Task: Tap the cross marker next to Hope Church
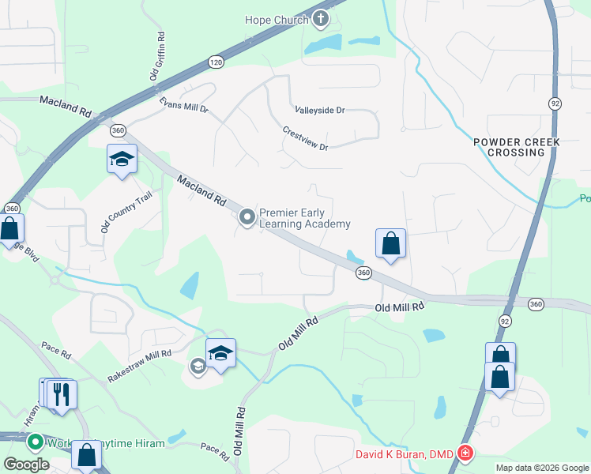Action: point(321,17)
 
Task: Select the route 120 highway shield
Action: point(216,61)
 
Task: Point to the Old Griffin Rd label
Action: point(156,56)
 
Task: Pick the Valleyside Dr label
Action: point(320,111)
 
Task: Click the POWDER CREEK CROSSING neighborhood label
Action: point(517,147)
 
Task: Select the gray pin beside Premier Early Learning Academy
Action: point(247,216)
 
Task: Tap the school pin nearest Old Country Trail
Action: point(122,159)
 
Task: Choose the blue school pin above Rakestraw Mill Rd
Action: point(221,353)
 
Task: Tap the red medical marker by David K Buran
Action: point(466,453)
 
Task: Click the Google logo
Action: point(26,465)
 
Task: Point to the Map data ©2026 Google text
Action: point(541,468)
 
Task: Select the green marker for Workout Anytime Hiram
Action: point(35,442)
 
